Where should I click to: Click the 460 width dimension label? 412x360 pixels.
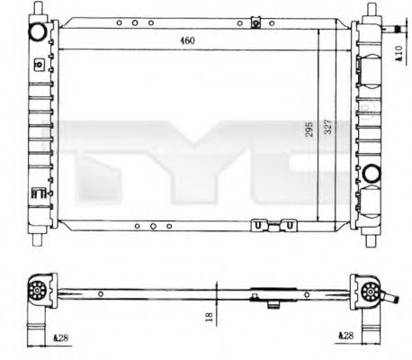click(186, 40)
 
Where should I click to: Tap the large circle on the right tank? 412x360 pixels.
click(372, 174)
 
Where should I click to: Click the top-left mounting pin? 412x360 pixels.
click(39, 10)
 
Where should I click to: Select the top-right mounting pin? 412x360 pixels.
click(372, 10)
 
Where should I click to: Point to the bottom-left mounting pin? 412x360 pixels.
click(39, 240)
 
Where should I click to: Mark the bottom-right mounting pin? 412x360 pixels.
click(372, 240)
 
